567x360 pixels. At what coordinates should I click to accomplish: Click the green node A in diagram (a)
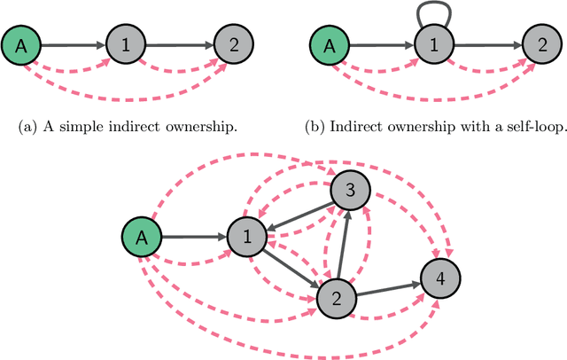(x=20, y=43)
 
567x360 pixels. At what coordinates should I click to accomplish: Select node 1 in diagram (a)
(x=125, y=43)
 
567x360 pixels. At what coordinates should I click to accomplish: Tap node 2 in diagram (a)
(x=233, y=43)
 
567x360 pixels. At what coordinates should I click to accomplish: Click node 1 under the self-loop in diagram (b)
(x=432, y=43)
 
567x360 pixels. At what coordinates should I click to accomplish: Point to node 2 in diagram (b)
(x=540, y=43)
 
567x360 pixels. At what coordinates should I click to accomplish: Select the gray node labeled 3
(x=349, y=190)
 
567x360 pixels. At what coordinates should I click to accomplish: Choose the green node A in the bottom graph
(x=140, y=237)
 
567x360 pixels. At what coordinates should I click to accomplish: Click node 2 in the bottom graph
(x=335, y=299)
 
